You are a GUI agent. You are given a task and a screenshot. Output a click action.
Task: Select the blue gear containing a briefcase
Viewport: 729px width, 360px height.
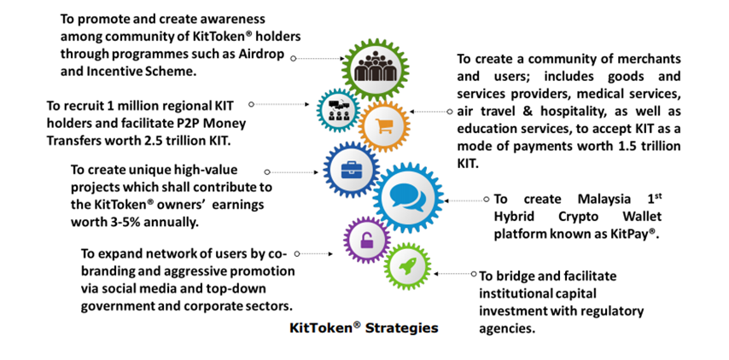351,169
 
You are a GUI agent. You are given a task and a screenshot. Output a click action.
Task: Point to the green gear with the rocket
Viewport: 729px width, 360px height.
407,266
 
